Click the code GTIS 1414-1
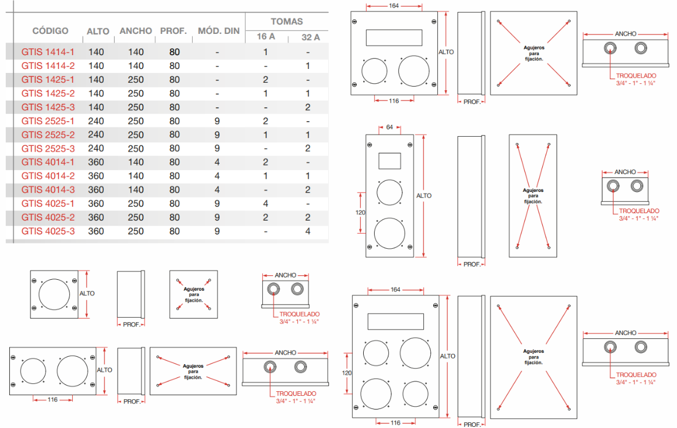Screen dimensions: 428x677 pos(48,52)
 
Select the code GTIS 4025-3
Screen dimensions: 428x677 pos(48,231)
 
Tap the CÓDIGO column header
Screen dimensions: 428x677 pos(50,31)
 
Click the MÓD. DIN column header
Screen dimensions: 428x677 pos(219,31)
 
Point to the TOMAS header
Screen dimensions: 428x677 pos(287,21)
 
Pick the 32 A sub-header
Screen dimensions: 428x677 pos(310,37)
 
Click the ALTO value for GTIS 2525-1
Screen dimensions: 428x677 pos(96,121)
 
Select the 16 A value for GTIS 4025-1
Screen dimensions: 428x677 pos(266,203)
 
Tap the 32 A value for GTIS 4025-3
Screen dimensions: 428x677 pos(308,231)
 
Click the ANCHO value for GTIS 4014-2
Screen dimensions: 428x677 pos(136,176)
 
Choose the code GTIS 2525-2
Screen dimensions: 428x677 pos(48,134)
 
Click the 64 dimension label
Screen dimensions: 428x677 pos(390,127)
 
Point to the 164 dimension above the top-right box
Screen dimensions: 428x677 pos(394,6)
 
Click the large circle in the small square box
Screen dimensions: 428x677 pos(55,295)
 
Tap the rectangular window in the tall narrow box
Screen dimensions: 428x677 pos(390,160)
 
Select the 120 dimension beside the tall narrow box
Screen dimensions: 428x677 pos(360,211)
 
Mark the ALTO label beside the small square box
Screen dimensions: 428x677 pos(87,293)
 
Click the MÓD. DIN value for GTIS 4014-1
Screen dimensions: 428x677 pos(217,162)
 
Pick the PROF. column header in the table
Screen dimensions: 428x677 pos(173,31)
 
